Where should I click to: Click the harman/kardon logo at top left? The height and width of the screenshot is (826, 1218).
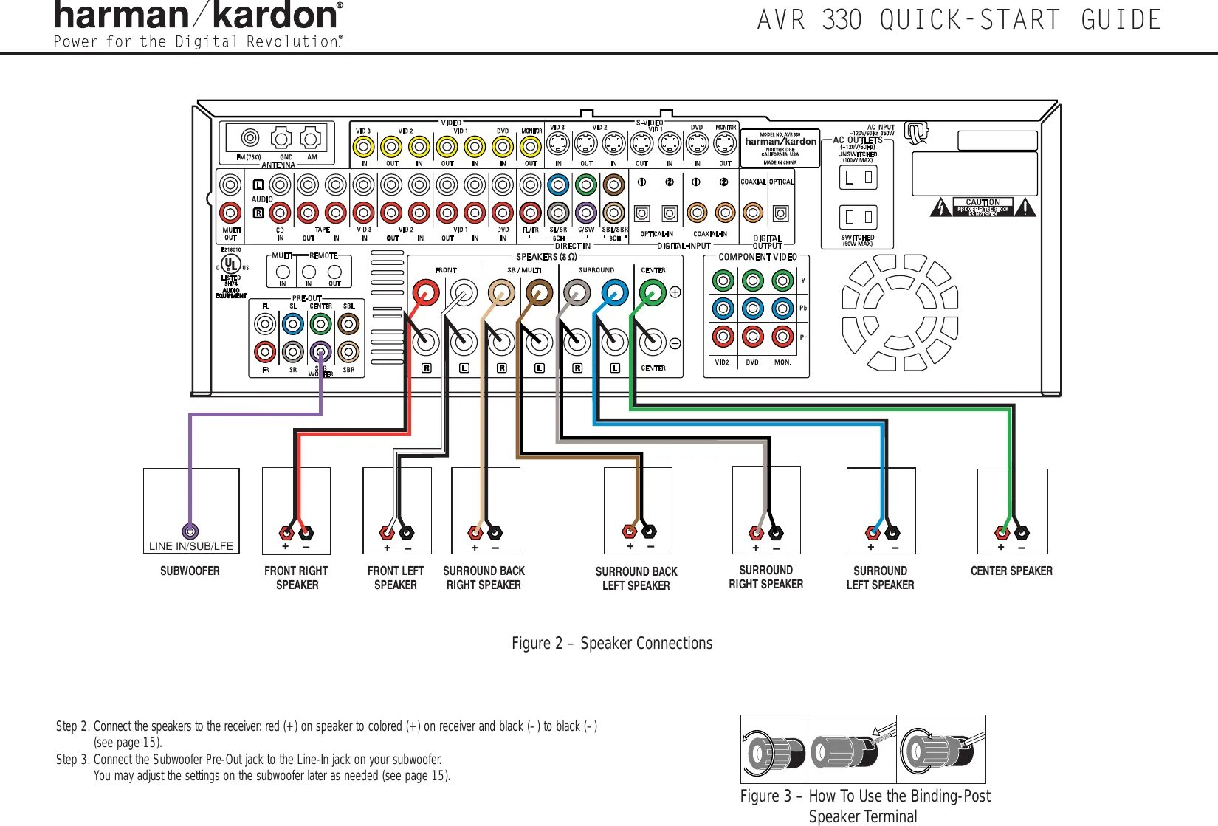198,16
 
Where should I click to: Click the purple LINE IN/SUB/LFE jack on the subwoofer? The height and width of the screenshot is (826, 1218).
190,531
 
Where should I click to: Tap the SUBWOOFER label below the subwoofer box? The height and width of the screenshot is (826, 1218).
190,571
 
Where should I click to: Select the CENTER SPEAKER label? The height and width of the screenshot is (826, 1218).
1011,571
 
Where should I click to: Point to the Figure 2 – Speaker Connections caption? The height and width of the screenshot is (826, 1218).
612,643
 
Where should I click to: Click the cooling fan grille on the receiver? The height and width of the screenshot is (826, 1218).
900,312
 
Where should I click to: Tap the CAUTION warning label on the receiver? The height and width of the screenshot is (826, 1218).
983,207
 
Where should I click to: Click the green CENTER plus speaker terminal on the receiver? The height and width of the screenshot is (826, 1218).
652,292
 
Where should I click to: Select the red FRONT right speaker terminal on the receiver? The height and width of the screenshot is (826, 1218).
425,292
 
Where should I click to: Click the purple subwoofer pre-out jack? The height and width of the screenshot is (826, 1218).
320,351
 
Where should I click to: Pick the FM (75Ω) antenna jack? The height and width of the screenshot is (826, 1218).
250,138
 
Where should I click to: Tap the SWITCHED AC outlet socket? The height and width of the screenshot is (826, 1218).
859,217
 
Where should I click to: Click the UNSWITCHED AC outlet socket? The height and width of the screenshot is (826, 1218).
859,177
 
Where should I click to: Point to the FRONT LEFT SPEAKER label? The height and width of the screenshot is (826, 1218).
396,577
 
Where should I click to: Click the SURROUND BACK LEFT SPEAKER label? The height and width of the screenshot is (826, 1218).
636,578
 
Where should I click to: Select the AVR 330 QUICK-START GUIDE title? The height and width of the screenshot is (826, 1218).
959,20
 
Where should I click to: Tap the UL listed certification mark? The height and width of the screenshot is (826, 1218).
231,264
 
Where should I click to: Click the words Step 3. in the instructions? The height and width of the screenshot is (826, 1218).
72,760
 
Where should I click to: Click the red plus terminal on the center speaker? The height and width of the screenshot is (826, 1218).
1002,532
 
